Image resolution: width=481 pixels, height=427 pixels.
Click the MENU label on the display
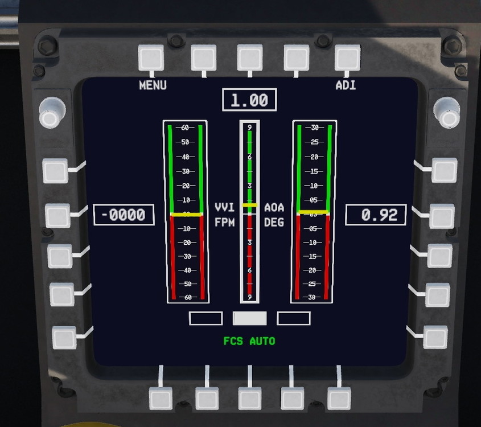click(153, 85)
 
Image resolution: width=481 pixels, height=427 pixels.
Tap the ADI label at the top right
click(346, 85)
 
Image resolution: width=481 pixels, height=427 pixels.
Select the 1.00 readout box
click(250, 100)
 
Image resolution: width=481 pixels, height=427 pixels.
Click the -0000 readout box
click(124, 215)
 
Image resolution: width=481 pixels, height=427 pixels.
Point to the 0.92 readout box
click(376, 215)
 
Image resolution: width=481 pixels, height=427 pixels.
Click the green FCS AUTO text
click(249, 341)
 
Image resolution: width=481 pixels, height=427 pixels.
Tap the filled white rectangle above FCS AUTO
click(250, 318)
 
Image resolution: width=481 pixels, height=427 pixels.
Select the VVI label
click(224, 208)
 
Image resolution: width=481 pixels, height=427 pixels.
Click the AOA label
click(274, 208)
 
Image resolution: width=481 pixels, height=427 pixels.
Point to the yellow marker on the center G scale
click(249, 205)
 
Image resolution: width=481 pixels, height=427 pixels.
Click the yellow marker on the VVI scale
click(186, 215)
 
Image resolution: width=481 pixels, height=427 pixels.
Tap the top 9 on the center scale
click(249, 128)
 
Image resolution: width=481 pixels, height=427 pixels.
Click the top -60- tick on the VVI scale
click(185, 128)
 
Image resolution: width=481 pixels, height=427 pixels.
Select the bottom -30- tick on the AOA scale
click(314, 297)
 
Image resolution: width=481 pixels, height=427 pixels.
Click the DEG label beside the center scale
click(274, 223)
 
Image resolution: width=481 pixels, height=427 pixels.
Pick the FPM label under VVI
click(224, 223)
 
